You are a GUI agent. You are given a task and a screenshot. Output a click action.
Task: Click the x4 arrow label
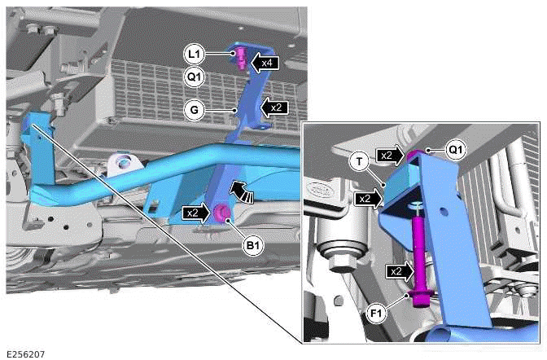(266, 61)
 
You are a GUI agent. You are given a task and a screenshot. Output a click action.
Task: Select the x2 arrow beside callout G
(274, 108)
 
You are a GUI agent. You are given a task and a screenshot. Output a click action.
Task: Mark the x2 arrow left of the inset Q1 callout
(390, 155)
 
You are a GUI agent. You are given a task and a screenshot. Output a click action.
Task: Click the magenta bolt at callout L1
(241, 57)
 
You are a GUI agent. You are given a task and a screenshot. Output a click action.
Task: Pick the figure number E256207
(26, 354)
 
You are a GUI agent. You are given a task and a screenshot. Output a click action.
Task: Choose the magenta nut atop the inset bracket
(416, 155)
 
